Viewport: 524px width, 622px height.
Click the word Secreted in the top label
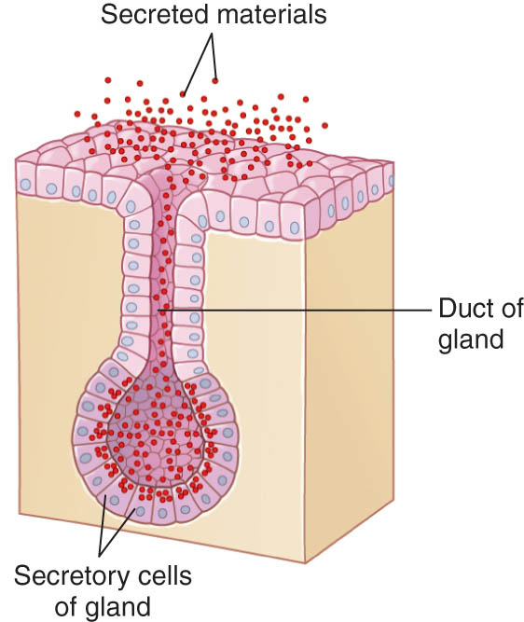pos(155,14)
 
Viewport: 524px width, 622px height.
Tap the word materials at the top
pos(271,14)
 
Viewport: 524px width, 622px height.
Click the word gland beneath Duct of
pos(471,340)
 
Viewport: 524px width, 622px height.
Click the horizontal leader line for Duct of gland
pos(295,311)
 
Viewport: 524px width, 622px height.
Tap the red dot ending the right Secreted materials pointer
pos(215,81)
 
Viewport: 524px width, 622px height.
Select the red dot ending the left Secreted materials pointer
pos(183,94)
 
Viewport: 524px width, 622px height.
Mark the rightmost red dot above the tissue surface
pos(324,125)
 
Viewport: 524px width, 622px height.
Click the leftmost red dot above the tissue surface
pos(77,115)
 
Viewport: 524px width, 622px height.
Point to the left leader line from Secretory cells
pos(103,527)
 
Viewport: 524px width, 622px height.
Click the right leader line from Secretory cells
pos(117,532)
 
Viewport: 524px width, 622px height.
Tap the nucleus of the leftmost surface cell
pos(26,184)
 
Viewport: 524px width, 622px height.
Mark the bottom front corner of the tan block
pos(305,562)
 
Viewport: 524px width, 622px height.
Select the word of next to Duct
pos(513,309)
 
